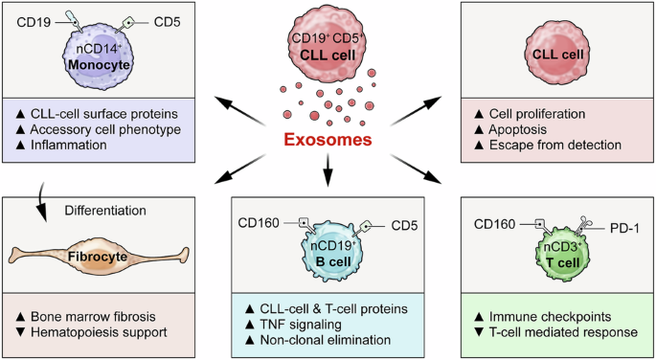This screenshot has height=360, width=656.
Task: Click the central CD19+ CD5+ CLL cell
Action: click(x=328, y=43)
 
